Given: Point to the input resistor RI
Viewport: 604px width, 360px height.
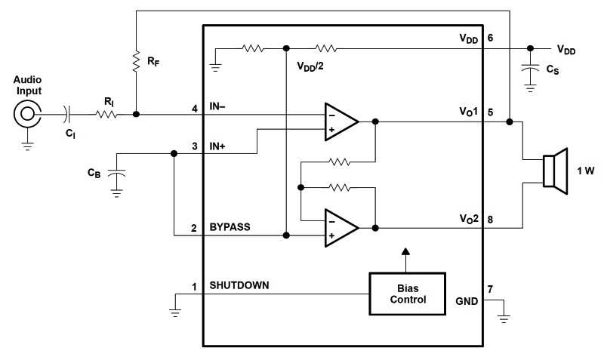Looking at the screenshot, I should click(106, 115).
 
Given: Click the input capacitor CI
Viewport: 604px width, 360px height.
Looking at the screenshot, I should click(69, 115).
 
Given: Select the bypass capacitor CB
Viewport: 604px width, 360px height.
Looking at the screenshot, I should click(116, 174).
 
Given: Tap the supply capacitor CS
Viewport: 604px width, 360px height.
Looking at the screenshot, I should click(530, 70).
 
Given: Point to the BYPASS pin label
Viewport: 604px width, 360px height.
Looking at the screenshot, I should click(230, 226).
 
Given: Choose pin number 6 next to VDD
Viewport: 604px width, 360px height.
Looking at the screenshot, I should click(491, 37).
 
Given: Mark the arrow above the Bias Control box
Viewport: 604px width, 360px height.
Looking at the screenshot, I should click(406, 252).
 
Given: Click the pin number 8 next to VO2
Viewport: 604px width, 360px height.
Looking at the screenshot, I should click(491, 220).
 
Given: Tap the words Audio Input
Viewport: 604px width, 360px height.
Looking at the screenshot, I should click(29, 85).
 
